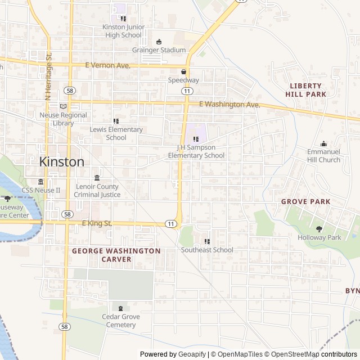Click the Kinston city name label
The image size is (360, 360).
tap(62, 161)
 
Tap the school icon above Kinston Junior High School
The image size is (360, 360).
tap(123, 19)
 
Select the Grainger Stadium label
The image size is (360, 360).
tap(159, 50)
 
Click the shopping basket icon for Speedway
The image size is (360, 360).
tap(183, 71)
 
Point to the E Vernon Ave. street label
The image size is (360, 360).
tap(108, 66)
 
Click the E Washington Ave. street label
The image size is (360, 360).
tap(230, 105)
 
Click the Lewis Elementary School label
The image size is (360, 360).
tap(116, 133)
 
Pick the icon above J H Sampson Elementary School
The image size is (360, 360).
tap(196, 139)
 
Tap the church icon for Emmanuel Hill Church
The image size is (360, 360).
tap(323, 143)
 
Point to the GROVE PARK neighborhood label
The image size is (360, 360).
tap(305, 201)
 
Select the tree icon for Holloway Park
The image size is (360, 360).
tap(319, 229)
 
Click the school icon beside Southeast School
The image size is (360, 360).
tap(207, 241)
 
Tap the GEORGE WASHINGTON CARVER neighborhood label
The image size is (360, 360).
tap(116, 255)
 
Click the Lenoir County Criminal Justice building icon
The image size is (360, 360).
tap(97, 178)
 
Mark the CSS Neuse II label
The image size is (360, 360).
tap(41, 190)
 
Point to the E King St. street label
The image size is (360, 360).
tap(97, 223)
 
